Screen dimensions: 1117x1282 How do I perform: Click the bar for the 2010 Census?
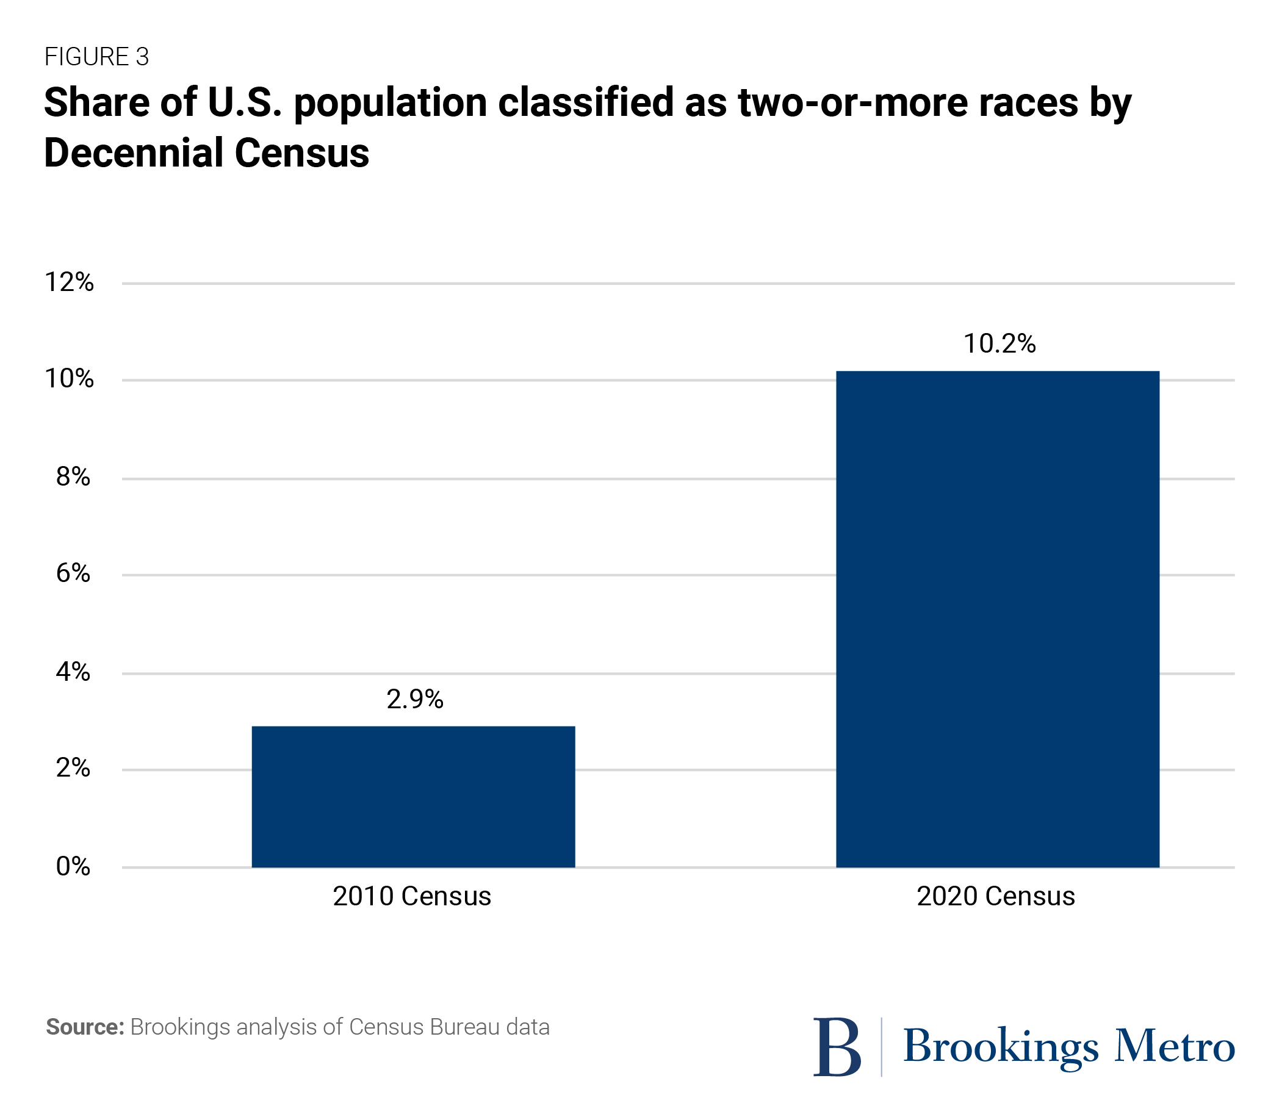click(414, 797)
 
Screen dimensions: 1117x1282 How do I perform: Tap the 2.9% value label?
click(415, 699)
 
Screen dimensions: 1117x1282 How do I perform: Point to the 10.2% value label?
click(999, 343)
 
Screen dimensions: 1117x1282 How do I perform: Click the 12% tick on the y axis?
click(69, 282)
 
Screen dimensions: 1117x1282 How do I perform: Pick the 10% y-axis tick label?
click(69, 378)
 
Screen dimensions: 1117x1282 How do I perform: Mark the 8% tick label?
click(74, 477)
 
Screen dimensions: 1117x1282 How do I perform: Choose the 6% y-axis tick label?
click(74, 573)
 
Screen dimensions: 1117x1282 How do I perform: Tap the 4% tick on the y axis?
click(74, 671)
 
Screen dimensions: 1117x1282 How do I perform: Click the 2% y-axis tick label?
click(74, 768)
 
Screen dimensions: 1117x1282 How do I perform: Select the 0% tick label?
click(74, 866)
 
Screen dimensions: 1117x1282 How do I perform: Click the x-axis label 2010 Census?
click(412, 896)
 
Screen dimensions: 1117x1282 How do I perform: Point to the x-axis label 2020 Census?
click(996, 896)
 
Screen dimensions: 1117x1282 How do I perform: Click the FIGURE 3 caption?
click(96, 57)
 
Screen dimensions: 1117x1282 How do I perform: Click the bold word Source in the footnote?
click(85, 1027)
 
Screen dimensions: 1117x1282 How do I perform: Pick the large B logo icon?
click(837, 1047)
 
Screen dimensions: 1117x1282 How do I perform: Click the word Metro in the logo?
click(1174, 1046)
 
